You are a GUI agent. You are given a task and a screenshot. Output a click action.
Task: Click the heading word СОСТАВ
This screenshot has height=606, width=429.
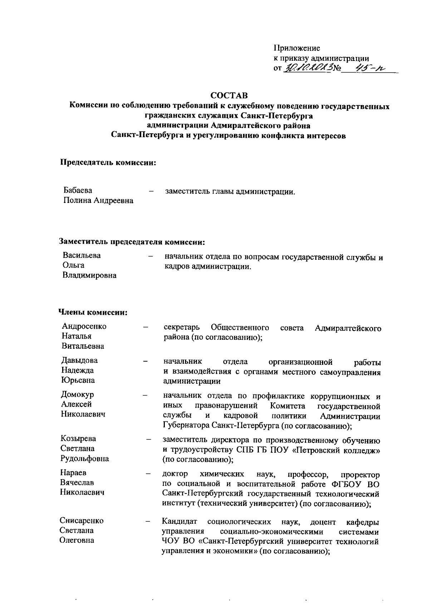click(229, 96)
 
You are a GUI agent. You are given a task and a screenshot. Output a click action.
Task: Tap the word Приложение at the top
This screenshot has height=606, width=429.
click(297, 48)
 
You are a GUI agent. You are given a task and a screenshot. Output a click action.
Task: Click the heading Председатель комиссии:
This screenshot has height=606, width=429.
click(108, 163)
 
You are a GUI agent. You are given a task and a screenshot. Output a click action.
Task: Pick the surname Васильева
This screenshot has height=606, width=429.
click(82, 255)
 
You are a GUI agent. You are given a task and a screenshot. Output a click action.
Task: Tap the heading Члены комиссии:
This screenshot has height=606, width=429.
click(93, 313)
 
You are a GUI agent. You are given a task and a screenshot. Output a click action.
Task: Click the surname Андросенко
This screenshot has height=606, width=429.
click(84, 326)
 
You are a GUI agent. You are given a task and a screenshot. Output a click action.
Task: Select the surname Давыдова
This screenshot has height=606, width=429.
click(79, 360)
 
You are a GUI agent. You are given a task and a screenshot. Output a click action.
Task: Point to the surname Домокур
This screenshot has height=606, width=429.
click(77, 394)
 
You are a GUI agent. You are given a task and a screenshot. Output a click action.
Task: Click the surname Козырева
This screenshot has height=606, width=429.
click(78, 438)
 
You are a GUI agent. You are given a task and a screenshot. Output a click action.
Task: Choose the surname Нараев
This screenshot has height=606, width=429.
click(73, 473)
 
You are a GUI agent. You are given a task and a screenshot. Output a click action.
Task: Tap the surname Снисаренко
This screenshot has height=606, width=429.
click(82, 521)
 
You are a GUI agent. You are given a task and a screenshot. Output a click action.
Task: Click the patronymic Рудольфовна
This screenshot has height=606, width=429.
click(85, 458)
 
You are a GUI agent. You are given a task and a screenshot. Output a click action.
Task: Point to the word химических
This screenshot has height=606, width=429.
click(222, 475)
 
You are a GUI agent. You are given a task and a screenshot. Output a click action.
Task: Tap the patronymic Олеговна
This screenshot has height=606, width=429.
click(77, 540)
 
